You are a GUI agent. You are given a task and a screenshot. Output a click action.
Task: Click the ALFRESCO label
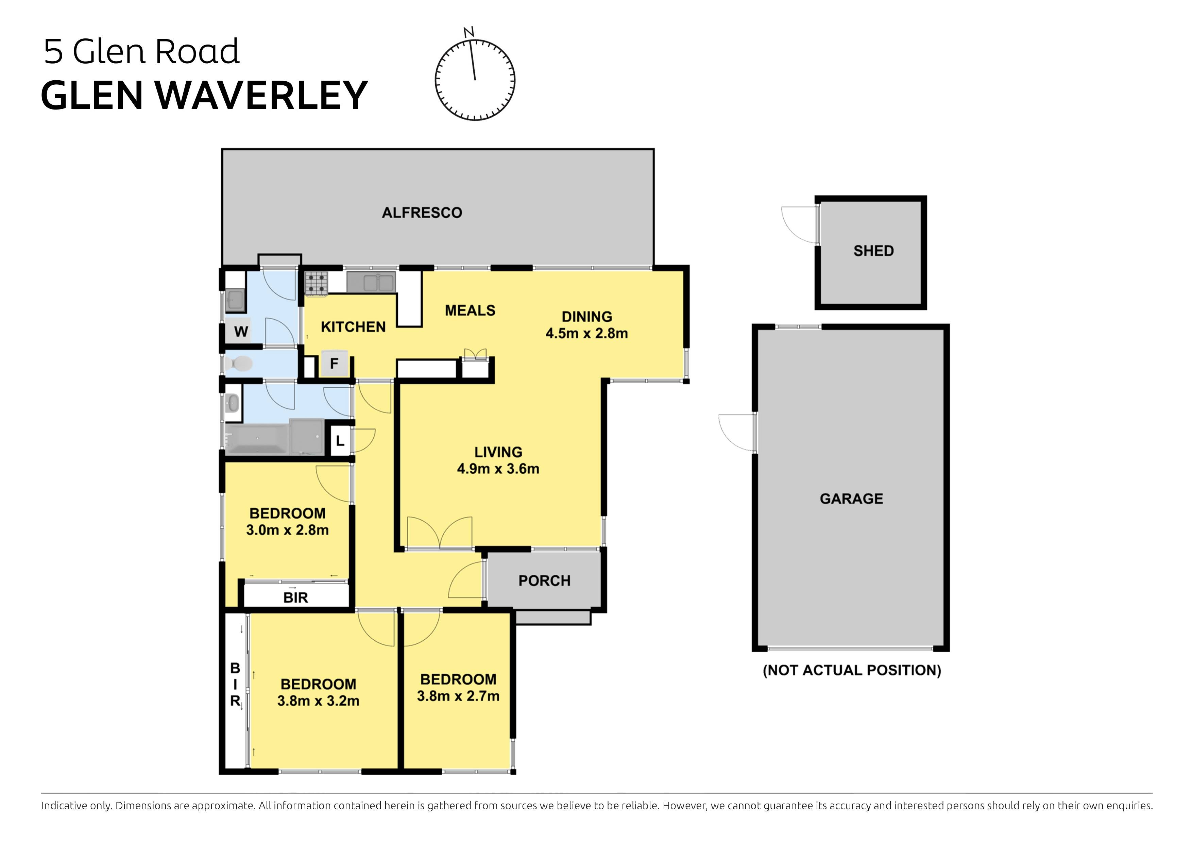click(x=422, y=213)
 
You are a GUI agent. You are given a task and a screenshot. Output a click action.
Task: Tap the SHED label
click(x=873, y=251)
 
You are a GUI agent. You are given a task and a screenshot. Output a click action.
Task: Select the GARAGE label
click(x=851, y=499)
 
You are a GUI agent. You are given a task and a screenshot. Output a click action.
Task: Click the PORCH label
click(x=544, y=580)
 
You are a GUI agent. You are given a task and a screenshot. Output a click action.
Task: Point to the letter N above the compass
click(x=469, y=32)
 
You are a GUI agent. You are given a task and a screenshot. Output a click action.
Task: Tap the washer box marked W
click(x=241, y=331)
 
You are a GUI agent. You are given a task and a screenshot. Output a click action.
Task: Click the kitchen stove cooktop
click(x=316, y=284)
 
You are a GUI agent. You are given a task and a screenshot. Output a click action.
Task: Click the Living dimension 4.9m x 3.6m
click(x=498, y=469)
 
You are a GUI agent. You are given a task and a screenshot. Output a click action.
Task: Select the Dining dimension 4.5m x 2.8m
click(x=586, y=333)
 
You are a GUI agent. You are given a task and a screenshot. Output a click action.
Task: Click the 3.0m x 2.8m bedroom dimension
click(x=287, y=530)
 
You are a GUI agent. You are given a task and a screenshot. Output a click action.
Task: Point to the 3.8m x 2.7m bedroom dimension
click(x=458, y=696)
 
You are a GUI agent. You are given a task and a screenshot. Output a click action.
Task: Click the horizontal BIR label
click(x=296, y=598)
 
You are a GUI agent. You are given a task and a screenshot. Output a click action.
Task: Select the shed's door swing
click(x=800, y=224)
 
